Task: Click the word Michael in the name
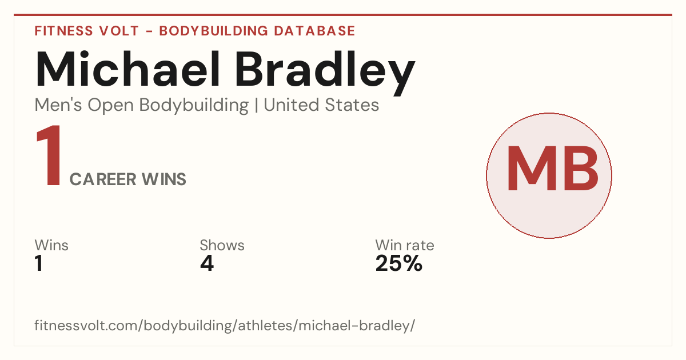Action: pyautogui.click(x=127, y=69)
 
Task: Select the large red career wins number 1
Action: pyautogui.click(x=49, y=155)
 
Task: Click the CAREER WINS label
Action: pyautogui.click(x=127, y=179)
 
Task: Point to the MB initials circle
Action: pyautogui.click(x=549, y=175)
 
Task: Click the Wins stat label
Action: pyautogui.click(x=51, y=246)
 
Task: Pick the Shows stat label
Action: pyautogui.click(x=222, y=246)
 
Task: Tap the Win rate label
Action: pyautogui.click(x=405, y=246)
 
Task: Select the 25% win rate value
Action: pyautogui.click(x=399, y=263)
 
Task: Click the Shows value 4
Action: pyautogui.click(x=207, y=263)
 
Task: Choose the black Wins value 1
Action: pyautogui.click(x=39, y=263)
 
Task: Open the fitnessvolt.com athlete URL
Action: pyautogui.click(x=225, y=326)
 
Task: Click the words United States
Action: pyautogui.click(x=321, y=105)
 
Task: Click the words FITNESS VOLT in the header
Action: pyautogui.click(x=87, y=31)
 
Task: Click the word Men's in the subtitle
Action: pyautogui.click(x=58, y=105)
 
